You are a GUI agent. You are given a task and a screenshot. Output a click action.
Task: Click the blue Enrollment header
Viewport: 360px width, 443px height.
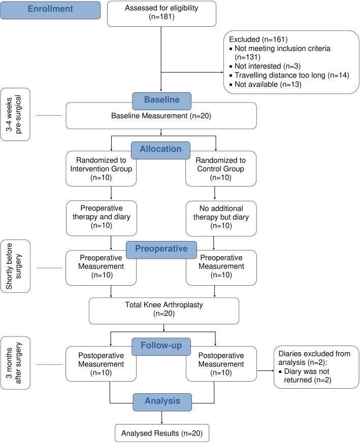pos(50,10)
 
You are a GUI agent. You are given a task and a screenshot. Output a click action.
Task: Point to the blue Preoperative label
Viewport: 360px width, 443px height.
pos(161,249)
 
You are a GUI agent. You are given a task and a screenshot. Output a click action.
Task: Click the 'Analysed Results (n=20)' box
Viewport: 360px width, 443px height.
pos(161,433)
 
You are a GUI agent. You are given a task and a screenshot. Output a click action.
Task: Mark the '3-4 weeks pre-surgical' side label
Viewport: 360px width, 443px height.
pos(16,114)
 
